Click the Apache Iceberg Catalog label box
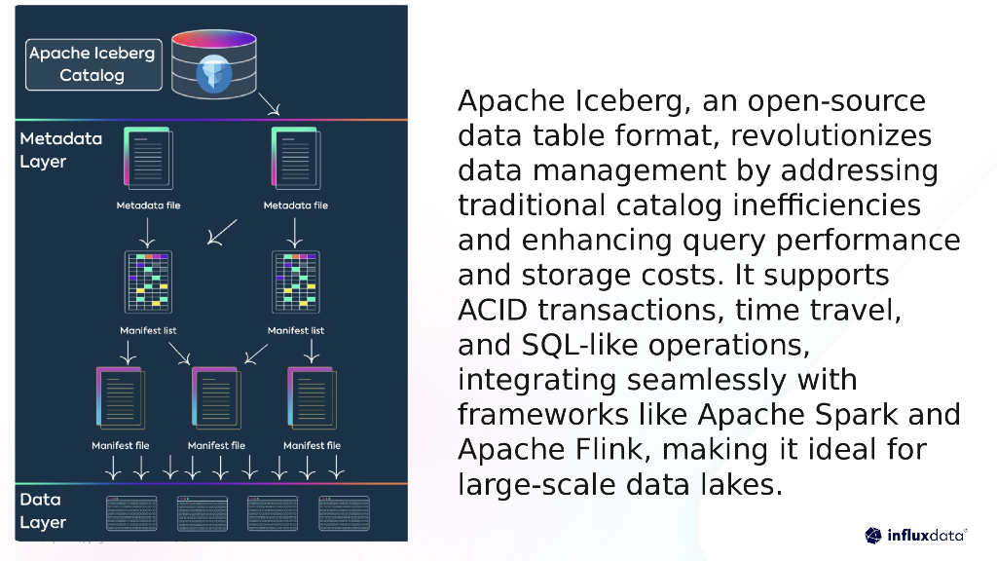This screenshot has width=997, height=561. [x=92, y=64]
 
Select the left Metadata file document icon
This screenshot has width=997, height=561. [x=147, y=159]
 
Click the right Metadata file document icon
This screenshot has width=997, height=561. [x=295, y=159]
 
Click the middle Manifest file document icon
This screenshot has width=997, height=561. [x=216, y=397]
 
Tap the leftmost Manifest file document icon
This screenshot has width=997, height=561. [x=120, y=397]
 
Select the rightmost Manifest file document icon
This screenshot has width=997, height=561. [x=312, y=397]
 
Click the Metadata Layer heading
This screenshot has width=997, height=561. [x=60, y=150]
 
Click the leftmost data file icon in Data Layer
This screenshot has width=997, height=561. [x=130, y=513]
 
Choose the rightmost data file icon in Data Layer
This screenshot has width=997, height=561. [x=344, y=513]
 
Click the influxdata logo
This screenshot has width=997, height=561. [x=915, y=535]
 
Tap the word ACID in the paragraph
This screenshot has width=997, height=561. [x=494, y=310]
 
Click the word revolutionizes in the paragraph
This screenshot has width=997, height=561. [x=831, y=135]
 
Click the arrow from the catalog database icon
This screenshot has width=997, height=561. [x=270, y=103]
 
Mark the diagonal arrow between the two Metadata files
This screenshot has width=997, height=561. [x=223, y=232]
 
